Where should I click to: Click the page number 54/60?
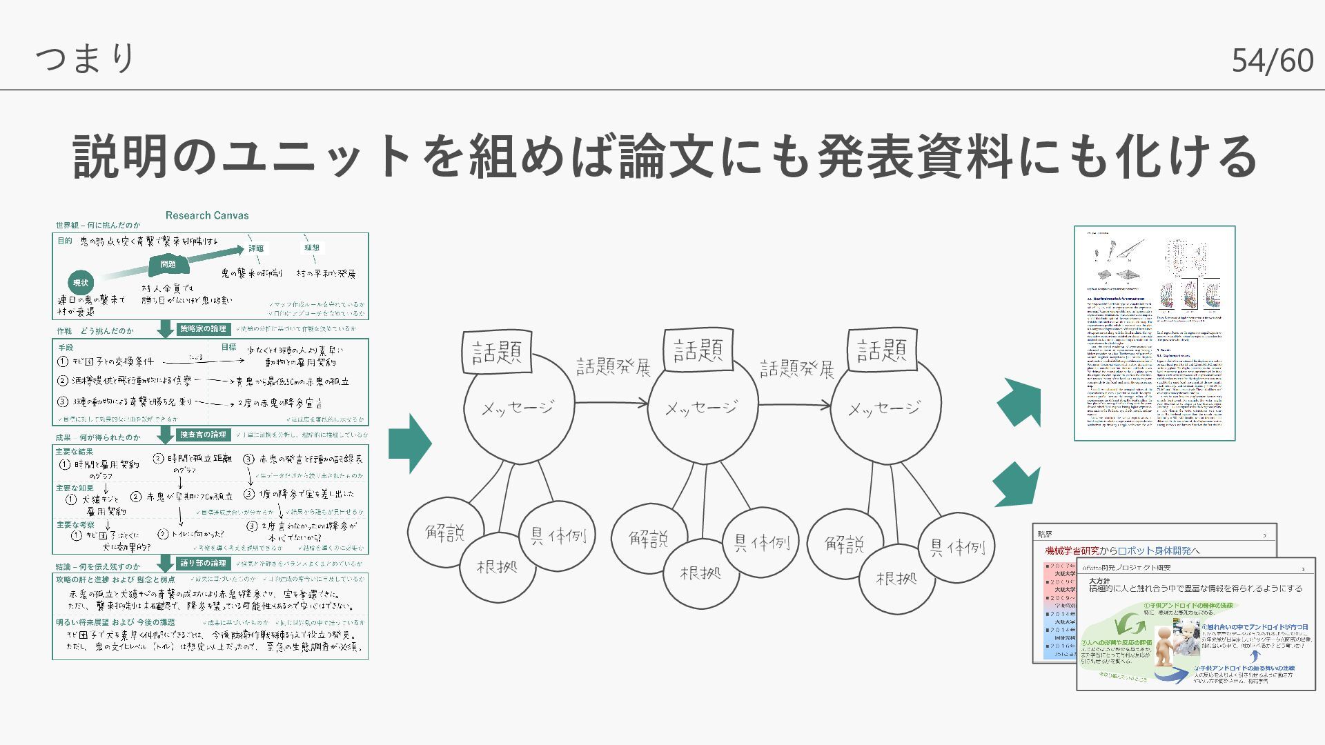[x=1272, y=61]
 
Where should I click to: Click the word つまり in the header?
[x=86, y=58]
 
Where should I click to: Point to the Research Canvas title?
[x=207, y=215]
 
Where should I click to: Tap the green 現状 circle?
[x=81, y=282]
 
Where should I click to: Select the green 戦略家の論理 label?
[x=203, y=329]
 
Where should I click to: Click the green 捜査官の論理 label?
[x=203, y=435]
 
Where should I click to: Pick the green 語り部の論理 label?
[x=203, y=564]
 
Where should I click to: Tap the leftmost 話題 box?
[x=497, y=352]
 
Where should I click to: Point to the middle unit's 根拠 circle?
[x=700, y=574]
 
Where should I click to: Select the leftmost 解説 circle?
[x=445, y=533]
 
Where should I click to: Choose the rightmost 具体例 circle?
[x=956, y=548]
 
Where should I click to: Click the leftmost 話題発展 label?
[x=614, y=367]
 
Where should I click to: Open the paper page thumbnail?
[x=1155, y=332]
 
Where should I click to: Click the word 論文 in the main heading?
[x=667, y=157]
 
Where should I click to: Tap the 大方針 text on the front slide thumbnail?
[x=1100, y=582]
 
